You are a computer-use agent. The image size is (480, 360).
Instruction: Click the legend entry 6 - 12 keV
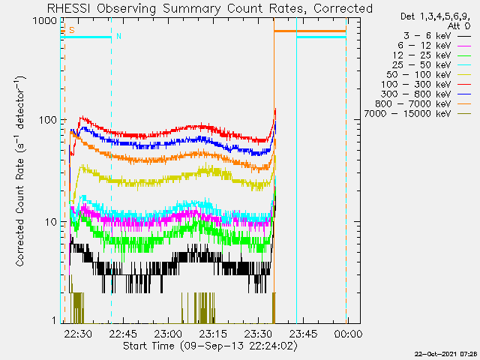click(424, 46)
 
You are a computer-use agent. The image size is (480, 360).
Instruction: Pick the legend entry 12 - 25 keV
click(421, 55)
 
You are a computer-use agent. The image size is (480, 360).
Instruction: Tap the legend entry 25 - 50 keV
click(421, 65)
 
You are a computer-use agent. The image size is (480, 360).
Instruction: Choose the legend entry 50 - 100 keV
click(418, 75)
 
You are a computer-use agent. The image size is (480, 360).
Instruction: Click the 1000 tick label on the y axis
click(45, 21)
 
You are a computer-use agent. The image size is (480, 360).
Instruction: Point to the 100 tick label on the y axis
click(48, 120)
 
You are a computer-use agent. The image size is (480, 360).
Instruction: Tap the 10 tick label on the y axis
click(51, 222)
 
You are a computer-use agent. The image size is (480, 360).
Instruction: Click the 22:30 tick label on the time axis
click(78, 334)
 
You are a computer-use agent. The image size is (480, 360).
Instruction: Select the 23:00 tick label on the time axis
click(168, 334)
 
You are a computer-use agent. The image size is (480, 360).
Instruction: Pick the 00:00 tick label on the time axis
click(348, 334)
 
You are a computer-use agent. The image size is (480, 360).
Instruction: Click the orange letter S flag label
click(72, 30)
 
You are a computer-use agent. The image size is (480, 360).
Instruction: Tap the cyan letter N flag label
click(118, 36)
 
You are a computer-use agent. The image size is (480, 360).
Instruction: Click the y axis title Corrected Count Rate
click(20, 212)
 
